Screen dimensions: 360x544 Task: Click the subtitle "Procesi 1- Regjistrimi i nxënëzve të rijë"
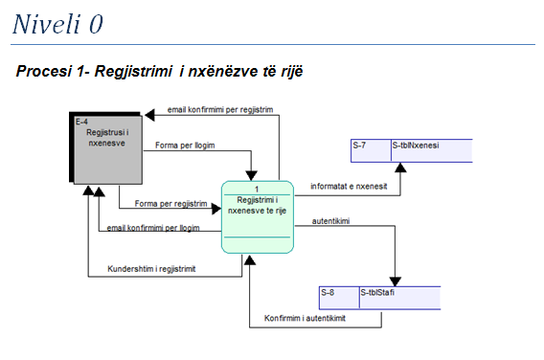159,73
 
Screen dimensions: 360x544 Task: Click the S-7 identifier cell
369,146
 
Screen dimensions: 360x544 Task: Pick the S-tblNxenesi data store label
431,146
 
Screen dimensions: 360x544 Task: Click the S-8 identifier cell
337,293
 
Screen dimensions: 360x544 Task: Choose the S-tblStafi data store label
398,293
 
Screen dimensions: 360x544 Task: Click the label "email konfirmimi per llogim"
153,228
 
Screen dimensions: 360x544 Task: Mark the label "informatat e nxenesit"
348,187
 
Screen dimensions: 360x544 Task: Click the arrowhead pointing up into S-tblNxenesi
401,168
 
